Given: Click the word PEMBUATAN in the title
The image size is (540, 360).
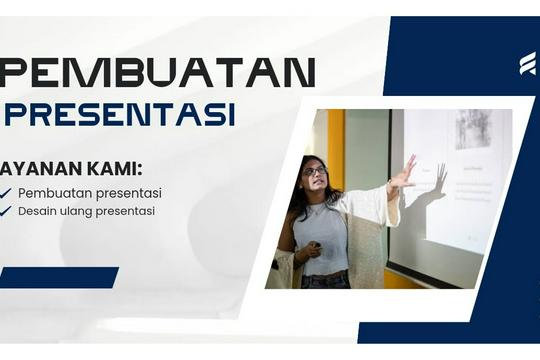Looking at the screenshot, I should (158, 72).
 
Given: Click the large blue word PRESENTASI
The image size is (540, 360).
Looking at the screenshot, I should (120, 114).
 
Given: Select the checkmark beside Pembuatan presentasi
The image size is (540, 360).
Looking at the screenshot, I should (6, 193).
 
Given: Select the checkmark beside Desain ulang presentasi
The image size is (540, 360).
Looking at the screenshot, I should (6, 211).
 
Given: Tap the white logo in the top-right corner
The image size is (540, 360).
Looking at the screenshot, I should (526, 64).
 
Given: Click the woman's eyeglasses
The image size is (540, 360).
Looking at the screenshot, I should (314, 172).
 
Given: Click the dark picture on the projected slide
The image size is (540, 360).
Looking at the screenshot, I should (472, 129).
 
